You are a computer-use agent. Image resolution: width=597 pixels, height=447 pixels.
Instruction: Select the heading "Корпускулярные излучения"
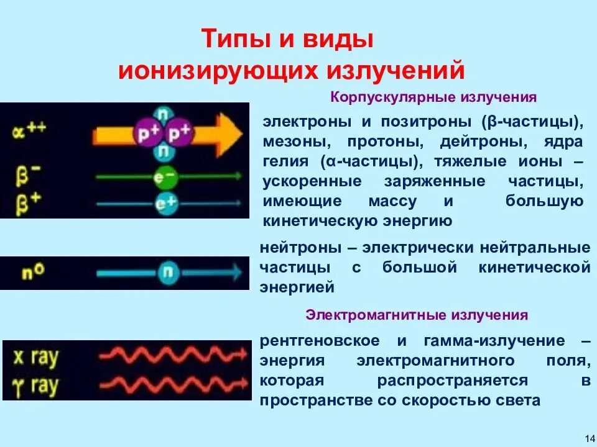tap(433, 97)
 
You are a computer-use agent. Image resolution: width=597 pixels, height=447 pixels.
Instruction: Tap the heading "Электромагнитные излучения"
tap(417, 315)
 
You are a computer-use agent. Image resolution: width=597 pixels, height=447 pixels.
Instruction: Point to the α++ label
tap(29, 131)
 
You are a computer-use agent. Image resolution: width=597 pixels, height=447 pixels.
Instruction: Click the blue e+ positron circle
tap(165, 202)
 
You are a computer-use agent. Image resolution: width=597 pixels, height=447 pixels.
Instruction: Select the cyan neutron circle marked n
tap(166, 272)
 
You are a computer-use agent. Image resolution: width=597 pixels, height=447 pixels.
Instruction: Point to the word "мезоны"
tap(292, 142)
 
